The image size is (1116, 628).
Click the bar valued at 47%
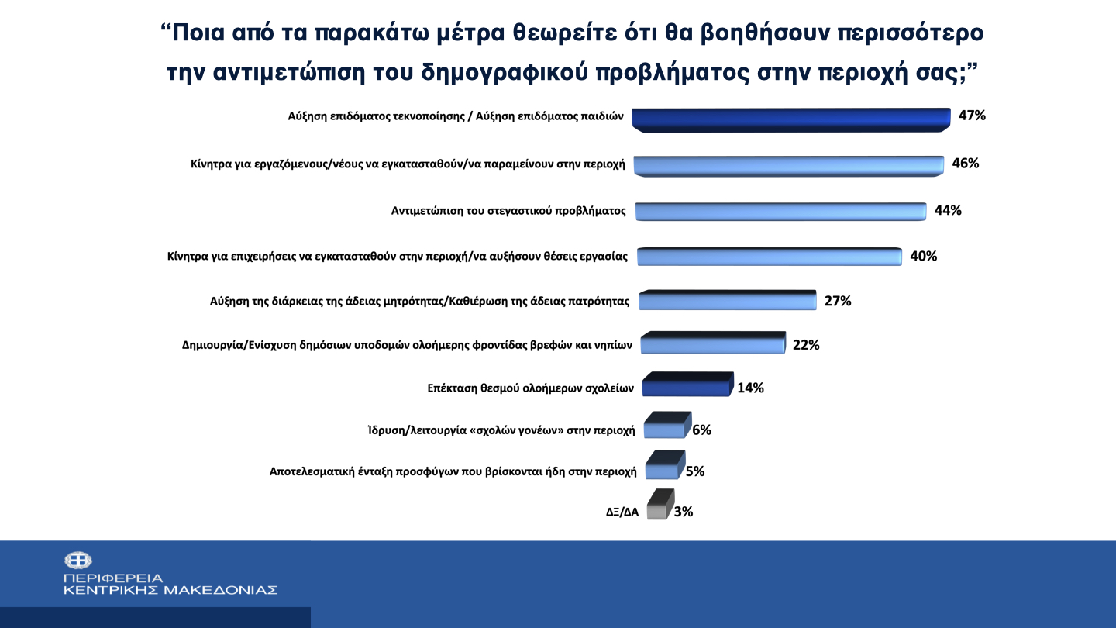click(x=790, y=119)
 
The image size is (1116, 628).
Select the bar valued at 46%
click(x=788, y=165)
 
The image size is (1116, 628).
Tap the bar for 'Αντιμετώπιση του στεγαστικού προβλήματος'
click(x=780, y=212)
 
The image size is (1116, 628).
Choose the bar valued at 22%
click(x=711, y=345)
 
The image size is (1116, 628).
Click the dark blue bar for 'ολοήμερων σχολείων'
click(x=684, y=385)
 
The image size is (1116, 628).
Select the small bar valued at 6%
click(x=664, y=428)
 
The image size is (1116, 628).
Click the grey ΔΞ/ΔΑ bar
click(x=657, y=509)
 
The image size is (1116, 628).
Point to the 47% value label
click(x=972, y=116)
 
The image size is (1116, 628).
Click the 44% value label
click(x=948, y=210)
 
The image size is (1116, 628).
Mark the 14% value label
click(x=750, y=388)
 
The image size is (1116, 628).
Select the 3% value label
click(x=683, y=512)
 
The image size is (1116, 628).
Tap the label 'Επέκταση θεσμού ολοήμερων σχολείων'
click(x=531, y=388)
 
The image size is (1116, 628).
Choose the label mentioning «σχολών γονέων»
click(x=501, y=430)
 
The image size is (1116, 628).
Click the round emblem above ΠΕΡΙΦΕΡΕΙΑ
click(x=77, y=560)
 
